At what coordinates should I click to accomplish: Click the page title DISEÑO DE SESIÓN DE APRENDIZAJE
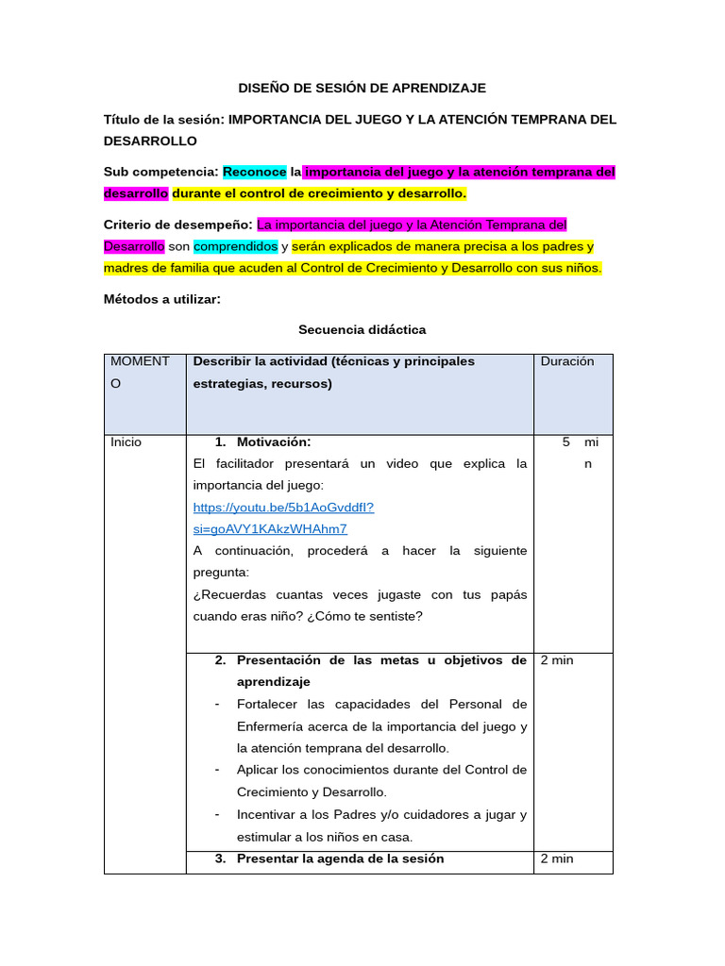click(x=362, y=88)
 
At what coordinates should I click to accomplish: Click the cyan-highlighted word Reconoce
click(x=254, y=172)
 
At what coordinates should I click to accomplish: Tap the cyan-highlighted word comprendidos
click(x=236, y=246)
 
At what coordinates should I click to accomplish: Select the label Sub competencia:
click(x=160, y=172)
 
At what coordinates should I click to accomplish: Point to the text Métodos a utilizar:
click(x=161, y=299)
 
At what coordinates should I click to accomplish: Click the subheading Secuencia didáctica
click(x=362, y=329)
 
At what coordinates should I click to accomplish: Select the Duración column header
click(x=567, y=361)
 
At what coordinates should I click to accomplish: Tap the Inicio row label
click(x=126, y=441)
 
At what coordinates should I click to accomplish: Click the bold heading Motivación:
click(x=274, y=441)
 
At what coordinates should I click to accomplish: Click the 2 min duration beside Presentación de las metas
click(x=556, y=660)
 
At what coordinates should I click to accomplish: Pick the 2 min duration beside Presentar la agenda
click(x=556, y=858)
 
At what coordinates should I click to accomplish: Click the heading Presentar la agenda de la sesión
click(x=340, y=858)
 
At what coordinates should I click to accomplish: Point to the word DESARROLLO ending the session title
click(x=150, y=141)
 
